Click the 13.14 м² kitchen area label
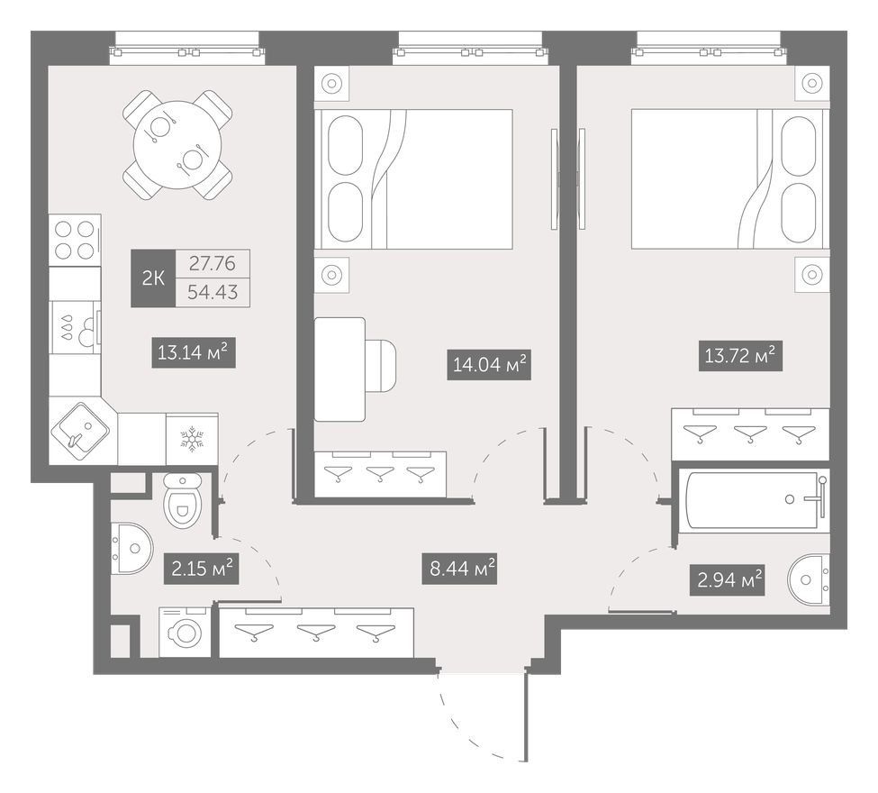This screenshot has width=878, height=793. (x=194, y=352)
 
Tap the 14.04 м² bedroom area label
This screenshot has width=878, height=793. (x=489, y=365)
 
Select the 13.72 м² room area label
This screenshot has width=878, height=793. (x=740, y=356)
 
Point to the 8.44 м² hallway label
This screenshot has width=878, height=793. (x=459, y=570)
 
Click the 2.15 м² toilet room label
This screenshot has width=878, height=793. (x=202, y=569)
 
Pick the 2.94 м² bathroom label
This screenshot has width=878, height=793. (x=727, y=580)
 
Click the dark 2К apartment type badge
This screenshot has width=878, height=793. (x=153, y=278)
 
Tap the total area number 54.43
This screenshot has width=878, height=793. (x=213, y=292)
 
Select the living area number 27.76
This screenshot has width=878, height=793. (x=213, y=263)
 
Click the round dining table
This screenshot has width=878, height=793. (x=177, y=144)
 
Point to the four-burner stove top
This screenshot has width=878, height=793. (x=75, y=240)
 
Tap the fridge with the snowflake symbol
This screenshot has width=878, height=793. (x=192, y=439)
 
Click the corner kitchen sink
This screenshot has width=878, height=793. (x=80, y=432)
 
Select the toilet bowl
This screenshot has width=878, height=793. (x=183, y=500)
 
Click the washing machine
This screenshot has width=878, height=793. (x=185, y=632)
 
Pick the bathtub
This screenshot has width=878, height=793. (x=753, y=499)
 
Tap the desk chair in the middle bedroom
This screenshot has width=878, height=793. (x=381, y=366)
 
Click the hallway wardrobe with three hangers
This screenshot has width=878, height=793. (x=316, y=633)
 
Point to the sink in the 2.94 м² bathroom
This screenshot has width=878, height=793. (x=809, y=580)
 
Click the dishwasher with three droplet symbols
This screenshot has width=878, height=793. (x=75, y=327)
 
